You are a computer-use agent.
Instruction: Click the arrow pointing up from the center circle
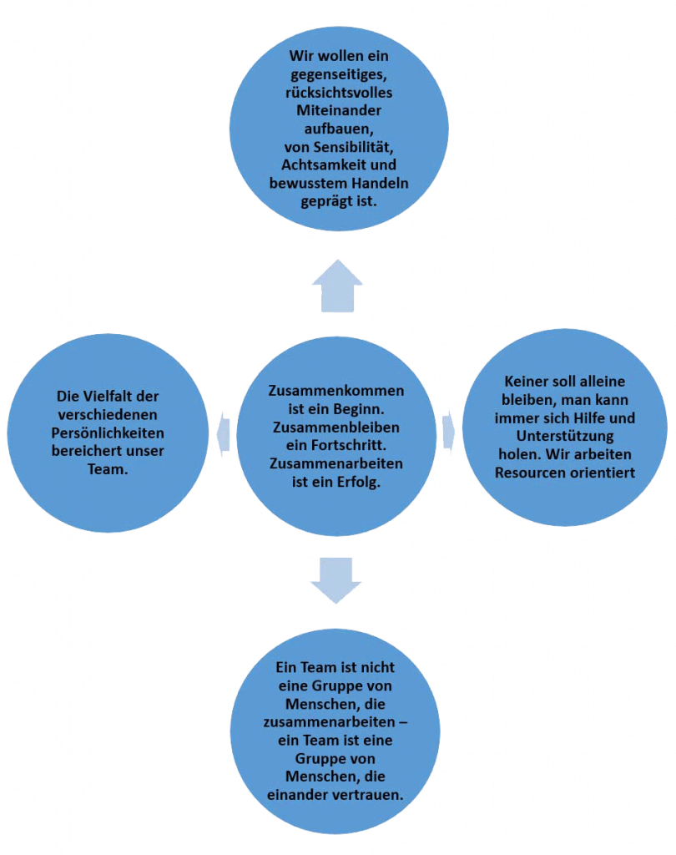tap(337, 286)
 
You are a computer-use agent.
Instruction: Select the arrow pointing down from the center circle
tap(336, 579)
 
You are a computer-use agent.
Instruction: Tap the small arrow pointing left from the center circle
tap(222, 433)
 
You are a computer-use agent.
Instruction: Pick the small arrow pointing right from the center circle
tap(448, 430)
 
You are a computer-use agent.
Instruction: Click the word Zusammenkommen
tap(336, 391)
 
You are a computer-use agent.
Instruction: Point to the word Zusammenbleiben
tap(336, 427)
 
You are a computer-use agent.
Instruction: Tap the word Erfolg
tap(358, 482)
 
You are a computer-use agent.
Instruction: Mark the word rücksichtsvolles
tap(339, 92)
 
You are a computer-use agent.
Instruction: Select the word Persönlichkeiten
tap(108, 433)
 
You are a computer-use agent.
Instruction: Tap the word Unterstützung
tap(565, 436)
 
